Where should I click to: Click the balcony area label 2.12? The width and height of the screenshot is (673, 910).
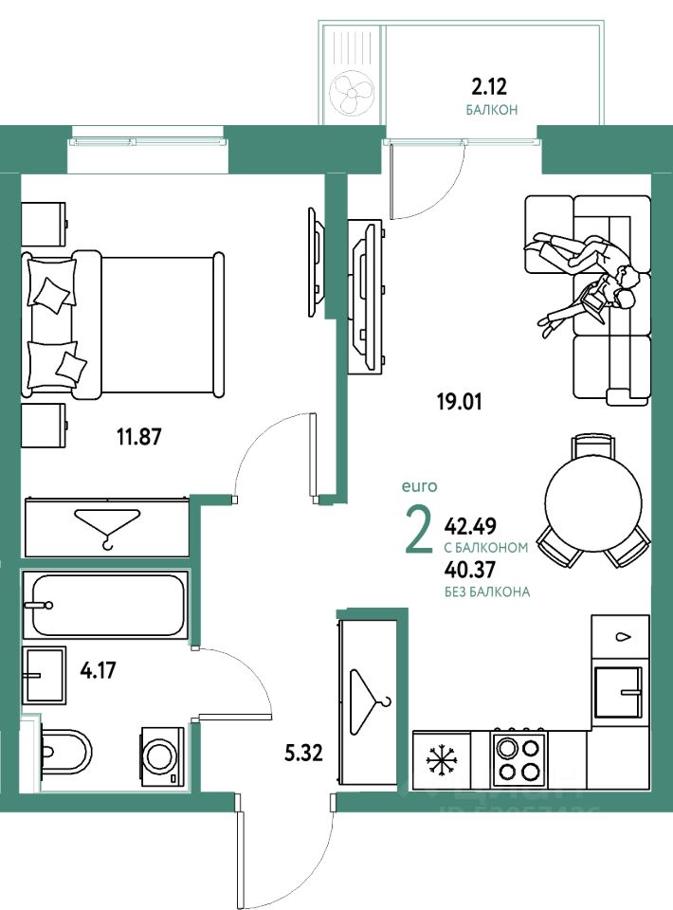click(x=490, y=87)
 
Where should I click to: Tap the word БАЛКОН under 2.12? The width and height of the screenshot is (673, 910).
click(x=491, y=110)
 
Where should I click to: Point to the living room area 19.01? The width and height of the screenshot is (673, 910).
click(x=459, y=401)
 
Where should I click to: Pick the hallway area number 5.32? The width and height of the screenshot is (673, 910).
click(x=303, y=755)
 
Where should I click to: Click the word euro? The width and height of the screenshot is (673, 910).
click(x=418, y=486)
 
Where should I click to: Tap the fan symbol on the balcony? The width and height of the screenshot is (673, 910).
click(x=353, y=93)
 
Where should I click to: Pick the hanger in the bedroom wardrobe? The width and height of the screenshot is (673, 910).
click(x=107, y=527)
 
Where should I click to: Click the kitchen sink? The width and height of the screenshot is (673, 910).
click(x=619, y=692)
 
